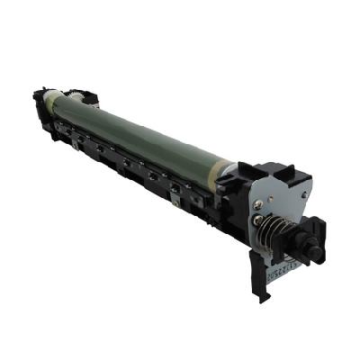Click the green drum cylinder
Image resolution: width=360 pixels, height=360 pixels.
tap(144, 135)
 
